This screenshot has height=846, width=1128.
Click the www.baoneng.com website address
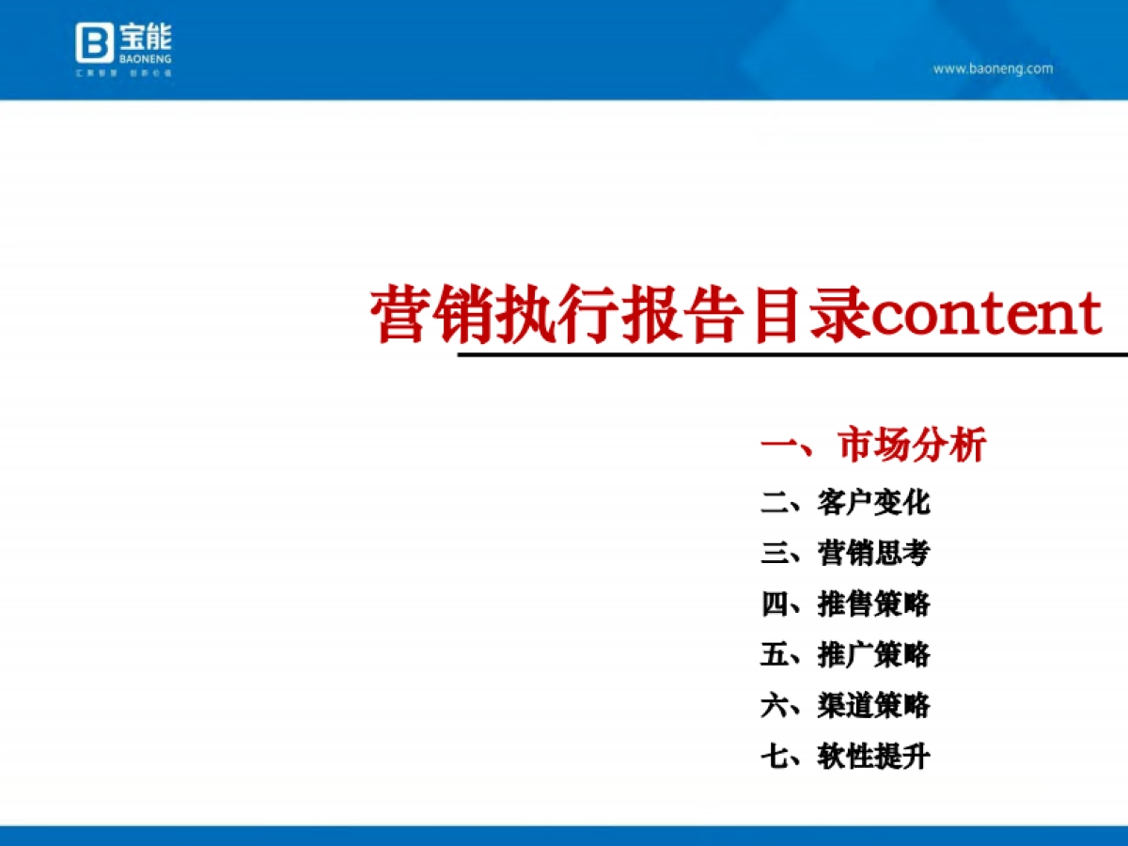point(993,69)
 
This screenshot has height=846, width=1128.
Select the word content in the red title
point(986,314)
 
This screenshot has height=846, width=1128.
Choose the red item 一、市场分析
point(873,445)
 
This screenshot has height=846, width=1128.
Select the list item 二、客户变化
point(845,502)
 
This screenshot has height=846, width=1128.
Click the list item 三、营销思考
point(845,553)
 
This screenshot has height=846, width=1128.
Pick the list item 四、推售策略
point(845,603)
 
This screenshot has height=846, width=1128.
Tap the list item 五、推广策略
point(845,654)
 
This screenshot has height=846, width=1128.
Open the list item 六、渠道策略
point(845,705)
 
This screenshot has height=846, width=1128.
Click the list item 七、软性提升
point(845,756)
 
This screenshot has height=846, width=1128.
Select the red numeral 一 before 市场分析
point(779,445)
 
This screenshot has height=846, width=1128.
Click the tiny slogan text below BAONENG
point(124,71)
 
